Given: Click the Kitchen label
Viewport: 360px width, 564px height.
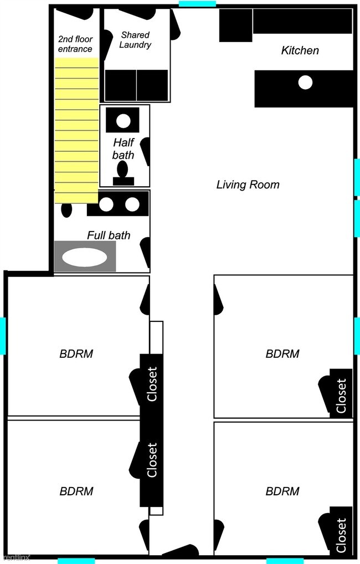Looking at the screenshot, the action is point(300,50).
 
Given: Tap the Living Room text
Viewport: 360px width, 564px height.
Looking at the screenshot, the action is point(248,185).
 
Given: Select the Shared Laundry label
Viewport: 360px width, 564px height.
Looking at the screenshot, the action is point(135,40).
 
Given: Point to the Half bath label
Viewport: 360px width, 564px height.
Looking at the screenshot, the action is point(124,148).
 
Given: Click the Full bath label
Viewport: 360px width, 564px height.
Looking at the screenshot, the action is point(109,235).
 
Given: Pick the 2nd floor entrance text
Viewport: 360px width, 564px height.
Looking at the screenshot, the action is point(75,44).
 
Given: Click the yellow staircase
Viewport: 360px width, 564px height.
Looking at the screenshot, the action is point(76,130).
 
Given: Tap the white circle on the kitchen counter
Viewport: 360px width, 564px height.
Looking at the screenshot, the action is point(305,83).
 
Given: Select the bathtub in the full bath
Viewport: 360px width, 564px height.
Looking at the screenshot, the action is point(85,257).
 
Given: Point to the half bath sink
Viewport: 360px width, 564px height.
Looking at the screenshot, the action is point(122,120).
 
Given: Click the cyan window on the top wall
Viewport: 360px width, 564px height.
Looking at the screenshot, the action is point(197,3).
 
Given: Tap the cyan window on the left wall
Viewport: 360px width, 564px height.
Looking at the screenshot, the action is point(3,336).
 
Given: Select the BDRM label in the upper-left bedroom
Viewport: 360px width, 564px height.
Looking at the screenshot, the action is point(76,353).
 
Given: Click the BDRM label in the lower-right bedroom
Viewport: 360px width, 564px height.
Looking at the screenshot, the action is point(282,491).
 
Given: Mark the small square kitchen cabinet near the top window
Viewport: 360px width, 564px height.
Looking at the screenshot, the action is point(235,25).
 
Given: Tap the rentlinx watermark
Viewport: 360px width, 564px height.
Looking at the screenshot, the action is point(15,558).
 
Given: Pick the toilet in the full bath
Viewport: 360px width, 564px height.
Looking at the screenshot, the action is point(66,210).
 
